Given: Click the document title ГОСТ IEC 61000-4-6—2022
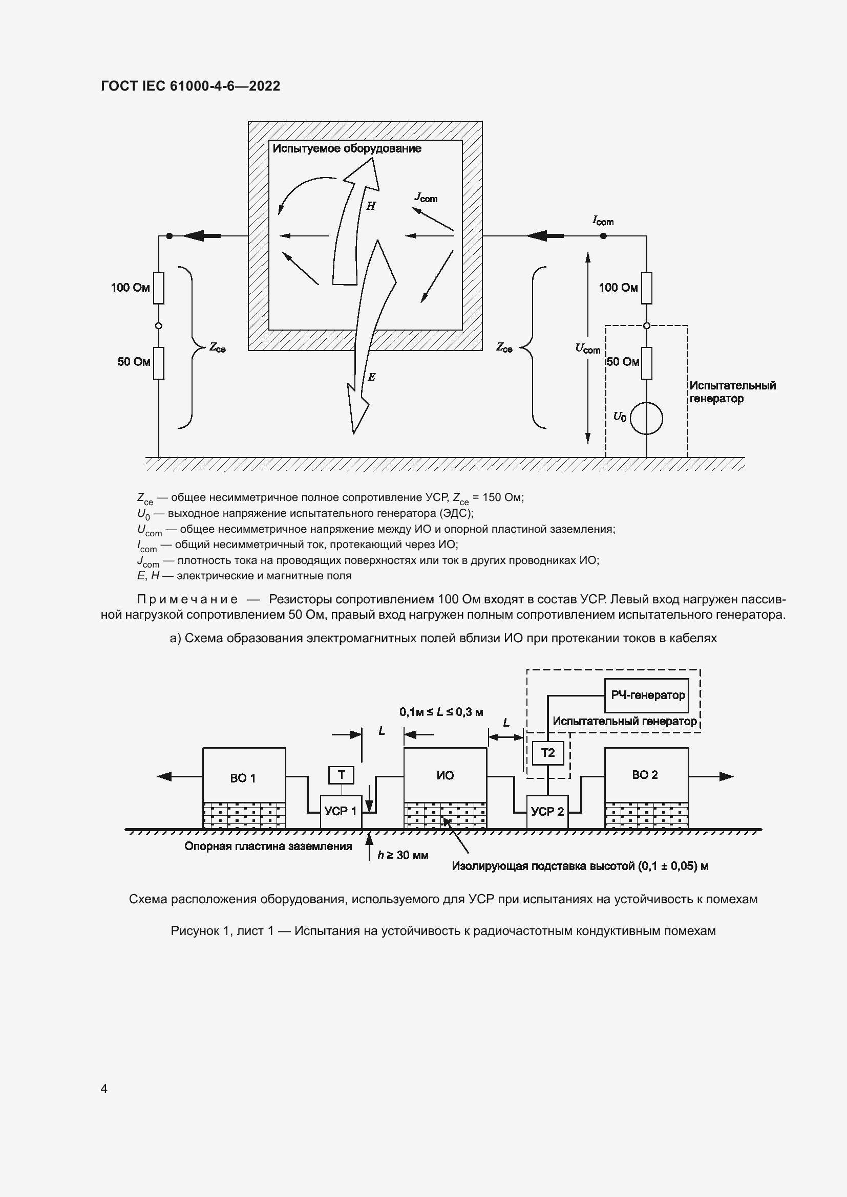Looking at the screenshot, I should pyautogui.click(x=190, y=86).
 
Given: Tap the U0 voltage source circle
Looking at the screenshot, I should pyautogui.click(x=646, y=418).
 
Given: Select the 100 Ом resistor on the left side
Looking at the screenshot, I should pyautogui.click(x=159, y=288).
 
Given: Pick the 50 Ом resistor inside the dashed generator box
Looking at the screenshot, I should pyautogui.click(x=647, y=363).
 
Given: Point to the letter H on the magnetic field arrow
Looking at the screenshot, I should pyautogui.click(x=371, y=206).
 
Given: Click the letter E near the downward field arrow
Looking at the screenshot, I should pyautogui.click(x=371, y=377).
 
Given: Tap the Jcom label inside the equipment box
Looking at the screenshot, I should pyautogui.click(x=426, y=198).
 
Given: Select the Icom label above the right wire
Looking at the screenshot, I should pyautogui.click(x=603, y=221).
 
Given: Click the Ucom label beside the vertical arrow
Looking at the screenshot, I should pyautogui.click(x=588, y=349).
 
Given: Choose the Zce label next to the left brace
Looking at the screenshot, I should pyautogui.click(x=217, y=347).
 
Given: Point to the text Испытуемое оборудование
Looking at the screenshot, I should pyautogui.click(x=347, y=148).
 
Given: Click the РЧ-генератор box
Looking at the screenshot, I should pyautogui.click(x=647, y=695).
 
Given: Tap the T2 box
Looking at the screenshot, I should pyautogui.click(x=547, y=753).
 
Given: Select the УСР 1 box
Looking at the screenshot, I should pyautogui.click(x=341, y=811).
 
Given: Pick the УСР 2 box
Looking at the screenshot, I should pyautogui.click(x=547, y=811).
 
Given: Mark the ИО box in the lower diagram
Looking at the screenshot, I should pyautogui.click(x=445, y=775).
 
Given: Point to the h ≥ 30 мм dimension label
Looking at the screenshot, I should pyautogui.click(x=403, y=855).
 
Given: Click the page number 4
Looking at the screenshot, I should pyautogui.click(x=104, y=1089).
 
